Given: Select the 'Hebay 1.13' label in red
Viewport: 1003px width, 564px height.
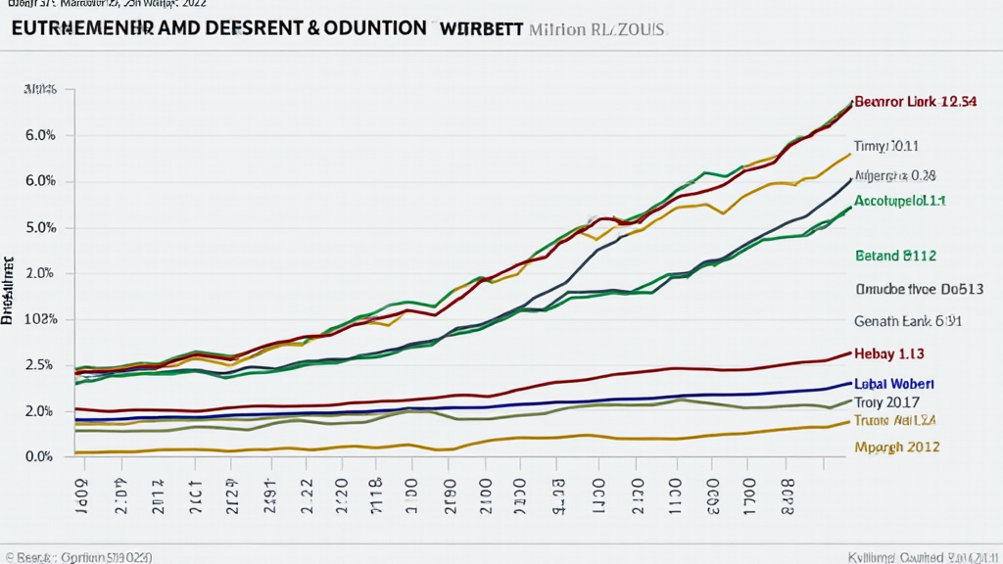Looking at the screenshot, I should [889, 353].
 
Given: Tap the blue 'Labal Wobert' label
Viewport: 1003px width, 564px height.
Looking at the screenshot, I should [894, 384].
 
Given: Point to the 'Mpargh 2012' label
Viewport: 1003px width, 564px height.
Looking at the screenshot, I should [897, 446].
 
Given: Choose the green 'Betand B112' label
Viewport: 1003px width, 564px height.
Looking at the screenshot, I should [895, 256].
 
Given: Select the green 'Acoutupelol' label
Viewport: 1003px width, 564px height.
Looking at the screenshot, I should [899, 200].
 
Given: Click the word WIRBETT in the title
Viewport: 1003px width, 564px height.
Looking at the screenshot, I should [481, 28].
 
